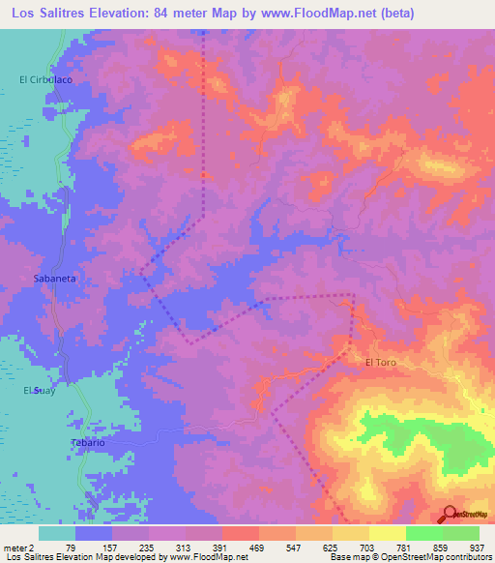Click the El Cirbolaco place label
point(46,79)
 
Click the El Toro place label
point(381,363)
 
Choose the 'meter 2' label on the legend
point(18,547)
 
